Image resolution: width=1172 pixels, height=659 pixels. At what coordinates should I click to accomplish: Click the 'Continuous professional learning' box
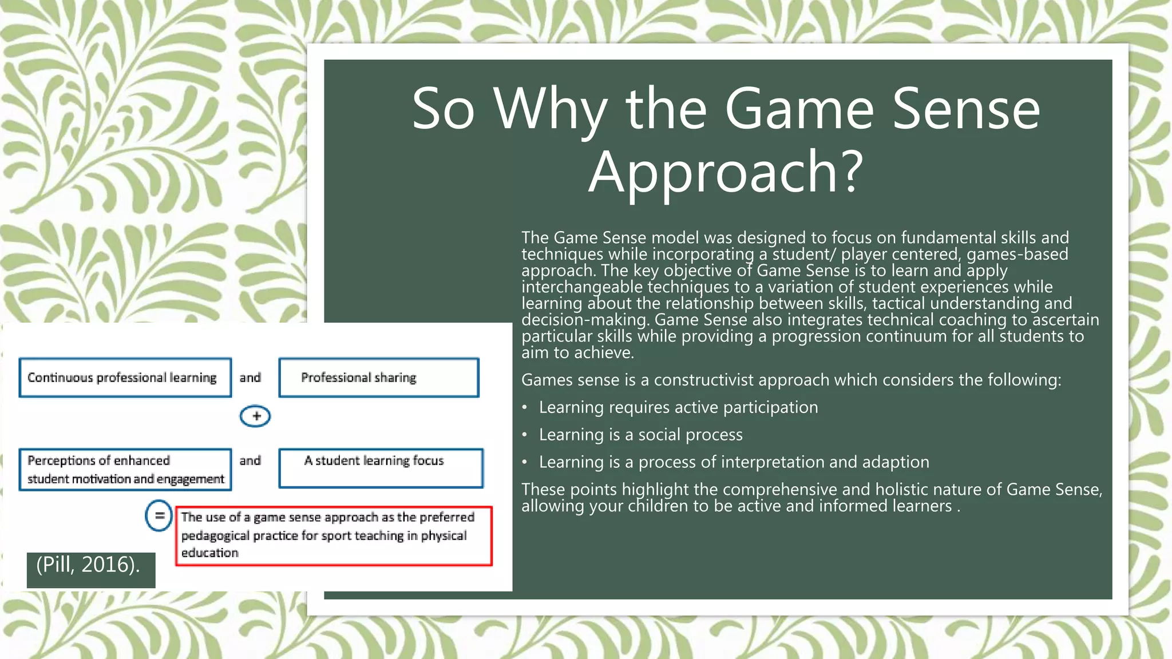[125, 378]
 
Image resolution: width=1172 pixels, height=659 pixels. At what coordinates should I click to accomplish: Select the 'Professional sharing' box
[378, 378]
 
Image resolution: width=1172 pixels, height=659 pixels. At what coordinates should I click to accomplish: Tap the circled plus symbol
[255, 416]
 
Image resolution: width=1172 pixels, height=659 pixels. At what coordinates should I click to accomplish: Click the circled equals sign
[159, 516]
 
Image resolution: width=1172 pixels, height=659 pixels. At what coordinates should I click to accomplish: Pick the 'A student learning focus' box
[381, 468]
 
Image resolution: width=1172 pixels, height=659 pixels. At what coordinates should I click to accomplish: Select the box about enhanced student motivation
[125, 470]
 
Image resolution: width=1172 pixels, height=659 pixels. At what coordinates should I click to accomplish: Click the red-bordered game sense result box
[334, 535]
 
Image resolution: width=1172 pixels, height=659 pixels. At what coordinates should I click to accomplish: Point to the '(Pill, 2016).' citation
[88, 565]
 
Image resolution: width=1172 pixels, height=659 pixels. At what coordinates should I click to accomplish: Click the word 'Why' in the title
[551, 109]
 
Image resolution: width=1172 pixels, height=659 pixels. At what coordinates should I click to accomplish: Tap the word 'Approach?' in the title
[726, 172]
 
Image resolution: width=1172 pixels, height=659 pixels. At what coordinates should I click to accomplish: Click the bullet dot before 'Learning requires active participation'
[525, 408]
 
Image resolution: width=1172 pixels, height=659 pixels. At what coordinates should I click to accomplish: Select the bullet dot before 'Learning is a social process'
[525, 435]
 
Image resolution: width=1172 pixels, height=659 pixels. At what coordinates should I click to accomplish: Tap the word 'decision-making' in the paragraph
[585, 320]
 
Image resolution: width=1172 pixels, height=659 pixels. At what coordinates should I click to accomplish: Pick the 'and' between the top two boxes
[250, 378]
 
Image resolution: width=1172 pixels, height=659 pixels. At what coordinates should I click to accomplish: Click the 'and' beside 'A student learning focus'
[250, 460]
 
